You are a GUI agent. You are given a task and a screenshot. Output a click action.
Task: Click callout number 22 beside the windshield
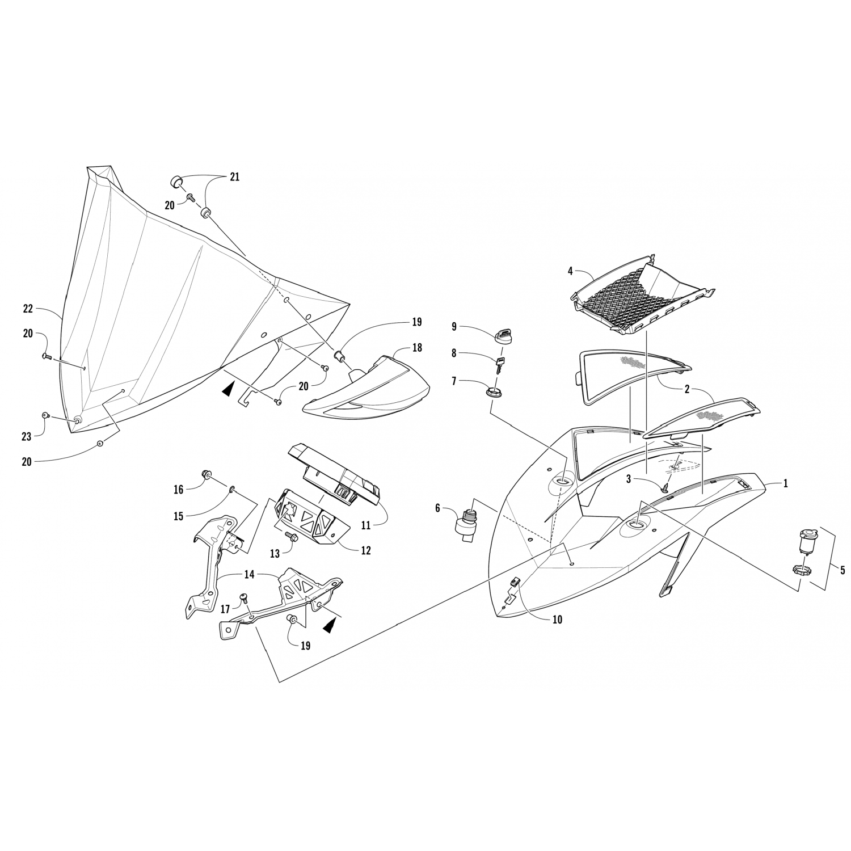[x=28, y=309]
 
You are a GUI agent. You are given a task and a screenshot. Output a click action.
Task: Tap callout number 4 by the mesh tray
[x=570, y=271]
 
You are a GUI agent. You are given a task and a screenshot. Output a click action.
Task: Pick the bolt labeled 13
[x=293, y=535]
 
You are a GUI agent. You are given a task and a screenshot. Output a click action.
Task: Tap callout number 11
[x=365, y=526]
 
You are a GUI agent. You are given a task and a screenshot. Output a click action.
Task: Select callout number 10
[x=557, y=620]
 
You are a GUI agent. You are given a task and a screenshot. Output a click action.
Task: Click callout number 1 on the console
[x=785, y=484]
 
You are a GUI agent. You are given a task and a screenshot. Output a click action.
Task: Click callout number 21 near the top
[x=234, y=177]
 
